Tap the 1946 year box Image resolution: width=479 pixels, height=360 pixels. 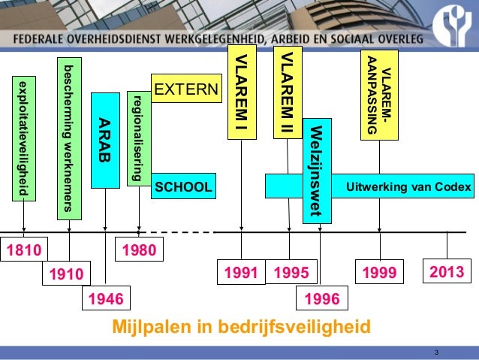pyautogui.click(x=105, y=300)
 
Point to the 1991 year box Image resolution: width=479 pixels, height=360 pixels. pyautogui.click(x=240, y=271)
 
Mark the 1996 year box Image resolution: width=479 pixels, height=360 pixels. pyautogui.click(x=321, y=300)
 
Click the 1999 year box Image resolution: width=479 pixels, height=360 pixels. pyautogui.click(x=379, y=271)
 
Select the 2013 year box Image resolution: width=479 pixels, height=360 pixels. pyautogui.click(x=446, y=271)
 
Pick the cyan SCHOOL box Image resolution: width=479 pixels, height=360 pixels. pyautogui.click(x=183, y=186)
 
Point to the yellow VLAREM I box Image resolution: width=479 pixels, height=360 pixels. pyautogui.click(x=240, y=95)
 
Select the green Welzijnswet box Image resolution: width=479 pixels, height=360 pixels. pyautogui.click(x=316, y=171)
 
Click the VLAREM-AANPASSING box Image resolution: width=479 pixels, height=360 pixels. pyautogui.click(x=379, y=93)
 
